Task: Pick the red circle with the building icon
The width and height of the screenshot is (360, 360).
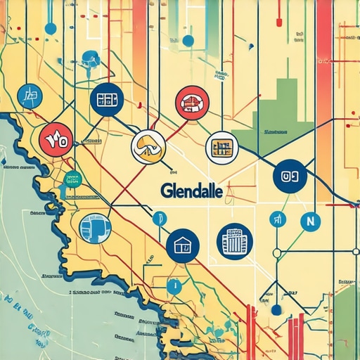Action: (191, 102)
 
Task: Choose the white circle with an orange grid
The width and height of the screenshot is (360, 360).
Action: (221, 147)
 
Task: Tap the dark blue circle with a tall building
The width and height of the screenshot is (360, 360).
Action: (233, 240)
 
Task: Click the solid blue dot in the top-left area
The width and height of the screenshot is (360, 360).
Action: (50, 28)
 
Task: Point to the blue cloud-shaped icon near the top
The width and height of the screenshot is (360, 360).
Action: (90, 58)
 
